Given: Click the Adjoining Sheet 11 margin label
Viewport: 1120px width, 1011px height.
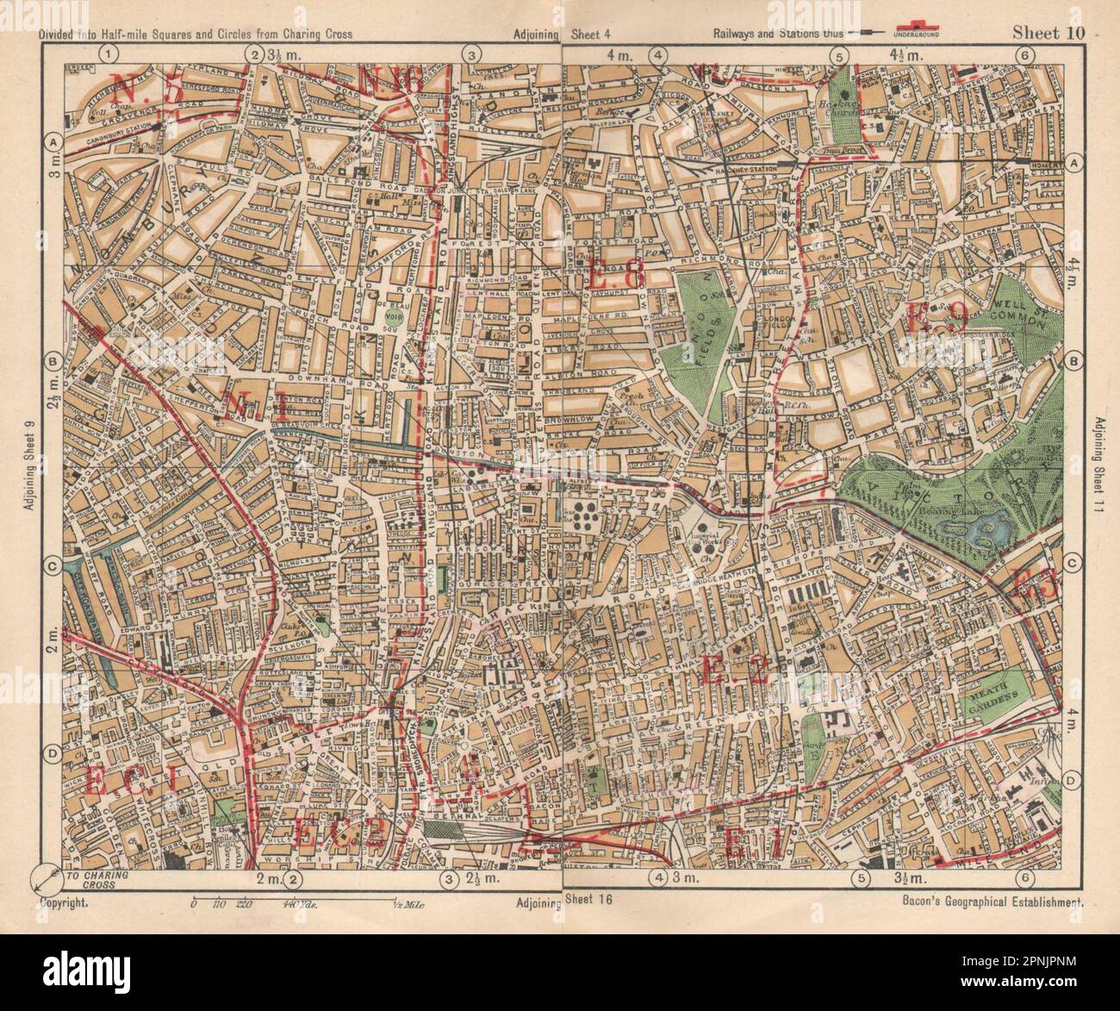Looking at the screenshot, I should coord(1100,471).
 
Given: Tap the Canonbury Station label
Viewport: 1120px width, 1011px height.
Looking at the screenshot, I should coord(114,135).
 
